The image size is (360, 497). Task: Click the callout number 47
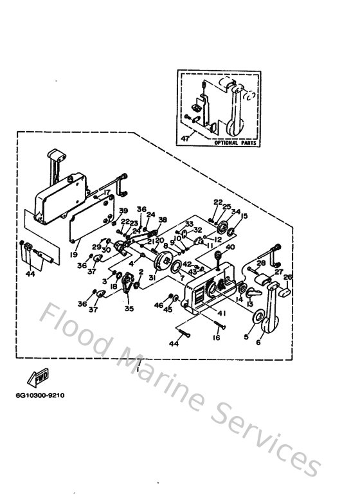[186, 138]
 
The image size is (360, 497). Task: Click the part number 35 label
[130, 309]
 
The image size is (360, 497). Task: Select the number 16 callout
[217, 336]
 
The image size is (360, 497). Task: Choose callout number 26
[287, 278]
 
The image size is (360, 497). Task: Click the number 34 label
[236, 212]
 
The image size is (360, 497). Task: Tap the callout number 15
[244, 216]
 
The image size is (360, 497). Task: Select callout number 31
[152, 278]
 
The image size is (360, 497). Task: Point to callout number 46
[159, 305]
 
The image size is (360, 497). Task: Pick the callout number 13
[250, 305]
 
